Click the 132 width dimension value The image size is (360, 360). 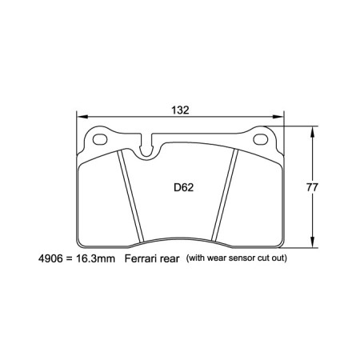179,110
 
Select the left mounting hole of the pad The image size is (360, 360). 101,140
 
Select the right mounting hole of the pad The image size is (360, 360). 262,140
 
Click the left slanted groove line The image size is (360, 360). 127,196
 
